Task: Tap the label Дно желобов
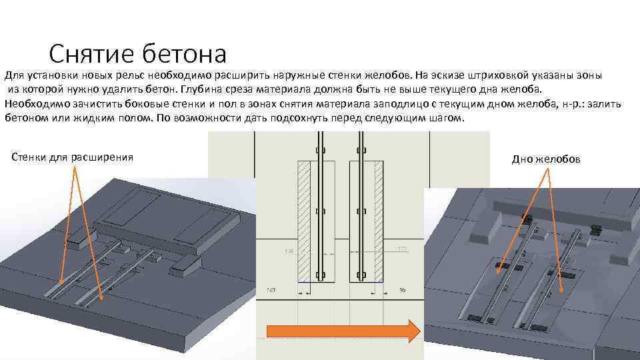coord(546,159)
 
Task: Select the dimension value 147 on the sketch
coord(271,290)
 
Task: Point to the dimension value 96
coord(403,290)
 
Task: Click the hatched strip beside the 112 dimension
coord(378,220)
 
